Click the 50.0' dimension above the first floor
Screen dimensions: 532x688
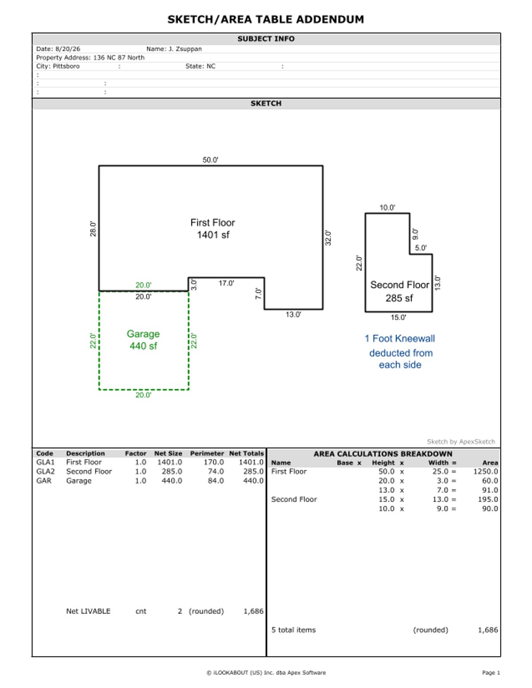(210, 160)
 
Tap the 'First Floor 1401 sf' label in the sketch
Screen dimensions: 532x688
(212, 228)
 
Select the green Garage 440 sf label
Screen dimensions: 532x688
(143, 340)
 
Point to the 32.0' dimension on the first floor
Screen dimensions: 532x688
(328, 238)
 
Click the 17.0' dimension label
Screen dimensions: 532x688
(226, 283)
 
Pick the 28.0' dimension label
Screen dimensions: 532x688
(93, 229)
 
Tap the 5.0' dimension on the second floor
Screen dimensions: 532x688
(421, 248)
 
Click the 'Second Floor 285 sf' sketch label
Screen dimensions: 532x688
(399, 291)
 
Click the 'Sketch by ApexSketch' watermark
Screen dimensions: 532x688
(461, 442)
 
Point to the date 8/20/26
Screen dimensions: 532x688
(68, 49)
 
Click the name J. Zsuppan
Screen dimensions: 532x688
(185, 49)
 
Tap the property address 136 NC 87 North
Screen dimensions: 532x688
(119, 57)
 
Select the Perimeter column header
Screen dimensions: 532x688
(207, 453)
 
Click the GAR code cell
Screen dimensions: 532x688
(43, 480)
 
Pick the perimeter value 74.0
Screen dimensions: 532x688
(215, 471)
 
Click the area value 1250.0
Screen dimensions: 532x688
(485, 471)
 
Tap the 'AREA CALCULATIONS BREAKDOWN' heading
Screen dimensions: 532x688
(383, 453)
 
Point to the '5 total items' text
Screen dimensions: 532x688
(293, 630)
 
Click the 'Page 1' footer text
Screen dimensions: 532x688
(491, 672)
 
